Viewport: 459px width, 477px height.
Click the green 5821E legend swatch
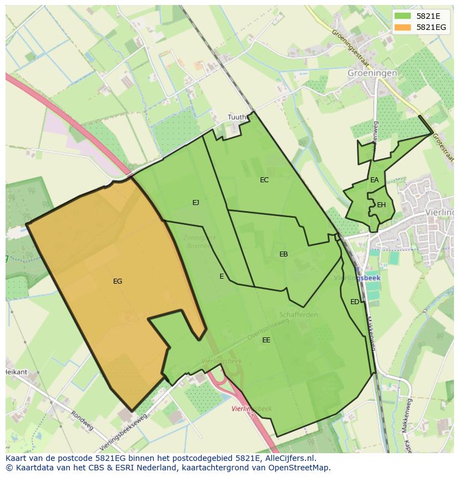tap(404, 16)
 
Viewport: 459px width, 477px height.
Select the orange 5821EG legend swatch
tap(404, 27)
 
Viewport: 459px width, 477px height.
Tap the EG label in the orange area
tap(118, 281)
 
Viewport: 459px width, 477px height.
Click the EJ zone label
tap(196, 203)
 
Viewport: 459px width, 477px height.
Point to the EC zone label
tap(264, 180)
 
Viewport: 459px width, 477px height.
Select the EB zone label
tap(283, 254)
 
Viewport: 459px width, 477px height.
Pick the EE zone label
tap(266, 340)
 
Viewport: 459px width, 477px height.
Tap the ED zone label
tap(354, 302)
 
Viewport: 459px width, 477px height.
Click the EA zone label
tap(375, 180)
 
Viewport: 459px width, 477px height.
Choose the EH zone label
tap(381, 205)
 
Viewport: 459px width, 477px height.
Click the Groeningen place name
tap(373, 73)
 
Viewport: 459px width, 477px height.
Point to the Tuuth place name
tap(237, 117)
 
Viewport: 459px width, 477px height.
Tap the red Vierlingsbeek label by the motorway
tap(252, 409)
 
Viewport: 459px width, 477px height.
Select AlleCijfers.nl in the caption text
tap(295, 458)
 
